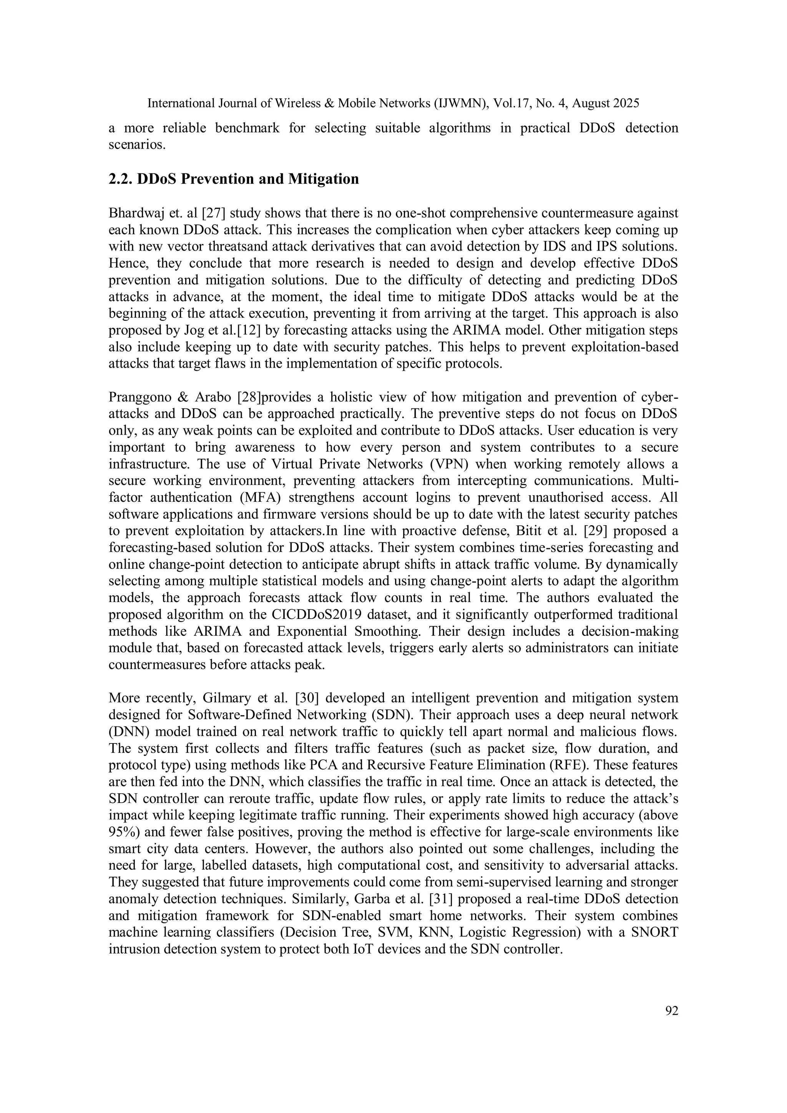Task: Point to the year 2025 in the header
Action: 626,103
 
